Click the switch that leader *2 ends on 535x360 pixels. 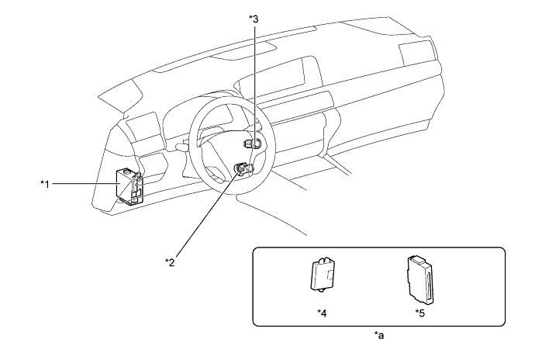(x=245, y=168)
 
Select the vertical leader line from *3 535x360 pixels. (x=252, y=78)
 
